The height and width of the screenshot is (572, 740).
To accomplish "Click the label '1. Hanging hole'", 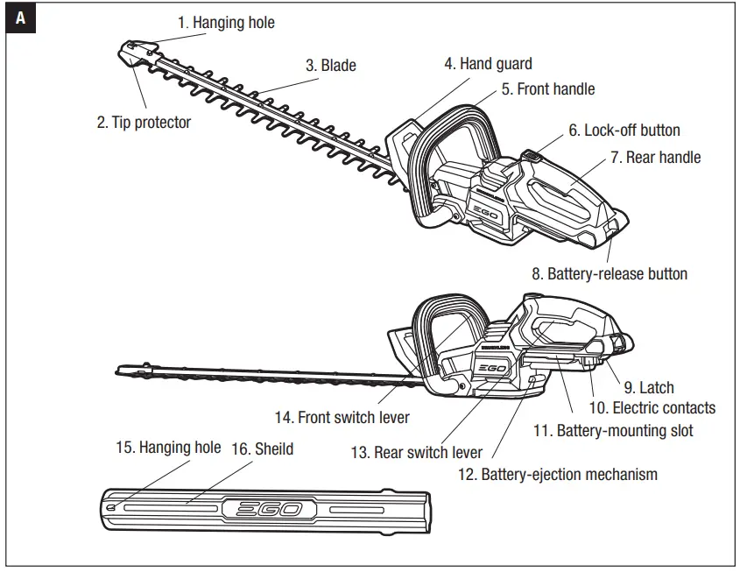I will click(226, 23).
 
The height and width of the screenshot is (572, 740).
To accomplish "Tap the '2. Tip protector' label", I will click(144, 123).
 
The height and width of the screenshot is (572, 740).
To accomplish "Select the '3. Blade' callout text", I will click(330, 66).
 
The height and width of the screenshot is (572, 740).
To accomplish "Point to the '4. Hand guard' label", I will click(488, 64).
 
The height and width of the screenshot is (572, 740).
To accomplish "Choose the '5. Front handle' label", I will click(547, 89).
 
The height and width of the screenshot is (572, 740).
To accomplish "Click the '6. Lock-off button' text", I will click(624, 131).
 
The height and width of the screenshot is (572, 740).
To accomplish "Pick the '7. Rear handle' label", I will click(656, 158).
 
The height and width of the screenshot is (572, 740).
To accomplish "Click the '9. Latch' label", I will click(648, 387).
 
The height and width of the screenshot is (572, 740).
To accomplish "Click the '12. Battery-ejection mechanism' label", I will click(557, 474).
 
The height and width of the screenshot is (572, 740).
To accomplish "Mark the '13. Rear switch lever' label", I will click(416, 453).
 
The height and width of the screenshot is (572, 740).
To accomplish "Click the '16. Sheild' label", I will click(262, 448).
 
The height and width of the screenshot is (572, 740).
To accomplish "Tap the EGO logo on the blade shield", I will click(264, 509).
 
